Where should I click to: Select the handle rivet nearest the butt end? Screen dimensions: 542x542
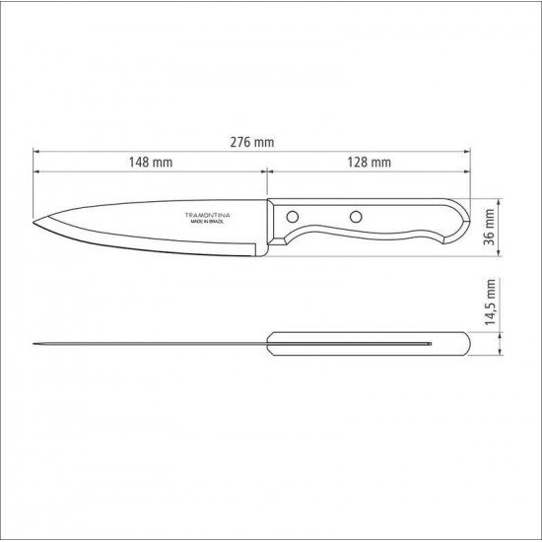pyautogui.click(x=353, y=215)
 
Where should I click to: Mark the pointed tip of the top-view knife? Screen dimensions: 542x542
pyautogui.click(x=34, y=344)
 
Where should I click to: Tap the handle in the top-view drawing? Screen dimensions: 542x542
pyautogui.click(x=370, y=344)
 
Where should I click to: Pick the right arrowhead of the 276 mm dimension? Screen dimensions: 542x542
pyautogui.click(x=466, y=153)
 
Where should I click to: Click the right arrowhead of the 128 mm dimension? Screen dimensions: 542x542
pyautogui.click(x=466, y=171)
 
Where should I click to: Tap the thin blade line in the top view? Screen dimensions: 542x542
pyautogui.click(x=148, y=344)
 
